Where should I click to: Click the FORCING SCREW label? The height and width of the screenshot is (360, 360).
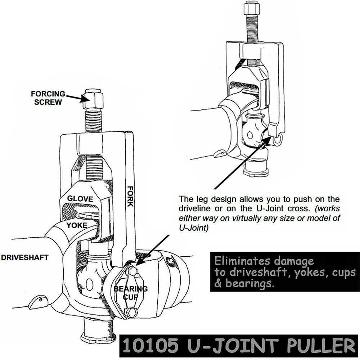pos(48,98)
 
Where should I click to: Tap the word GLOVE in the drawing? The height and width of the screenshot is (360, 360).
pos(80,199)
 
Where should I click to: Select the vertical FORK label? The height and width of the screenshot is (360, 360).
pos(130,196)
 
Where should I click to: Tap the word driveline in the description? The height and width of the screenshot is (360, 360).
pos(193,209)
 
